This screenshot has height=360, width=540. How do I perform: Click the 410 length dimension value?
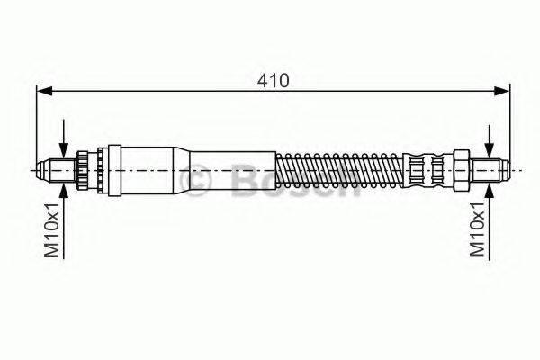pyautogui.click(x=274, y=81)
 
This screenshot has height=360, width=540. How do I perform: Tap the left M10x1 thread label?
pyautogui.click(x=52, y=230)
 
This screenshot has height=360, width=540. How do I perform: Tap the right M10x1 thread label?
pyautogui.click(x=478, y=229)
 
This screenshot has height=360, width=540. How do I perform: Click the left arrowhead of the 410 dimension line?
pyautogui.click(x=44, y=91)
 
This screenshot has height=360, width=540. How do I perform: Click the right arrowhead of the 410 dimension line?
pyautogui.click(x=501, y=91)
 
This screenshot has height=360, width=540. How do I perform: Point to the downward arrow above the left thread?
pyautogui.click(x=64, y=139)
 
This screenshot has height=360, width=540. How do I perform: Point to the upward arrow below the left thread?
pyautogui.click(x=64, y=220)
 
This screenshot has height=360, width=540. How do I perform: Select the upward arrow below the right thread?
pyautogui.click(x=489, y=221)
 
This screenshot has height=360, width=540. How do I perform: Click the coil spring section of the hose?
pyautogui.click(x=339, y=170)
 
